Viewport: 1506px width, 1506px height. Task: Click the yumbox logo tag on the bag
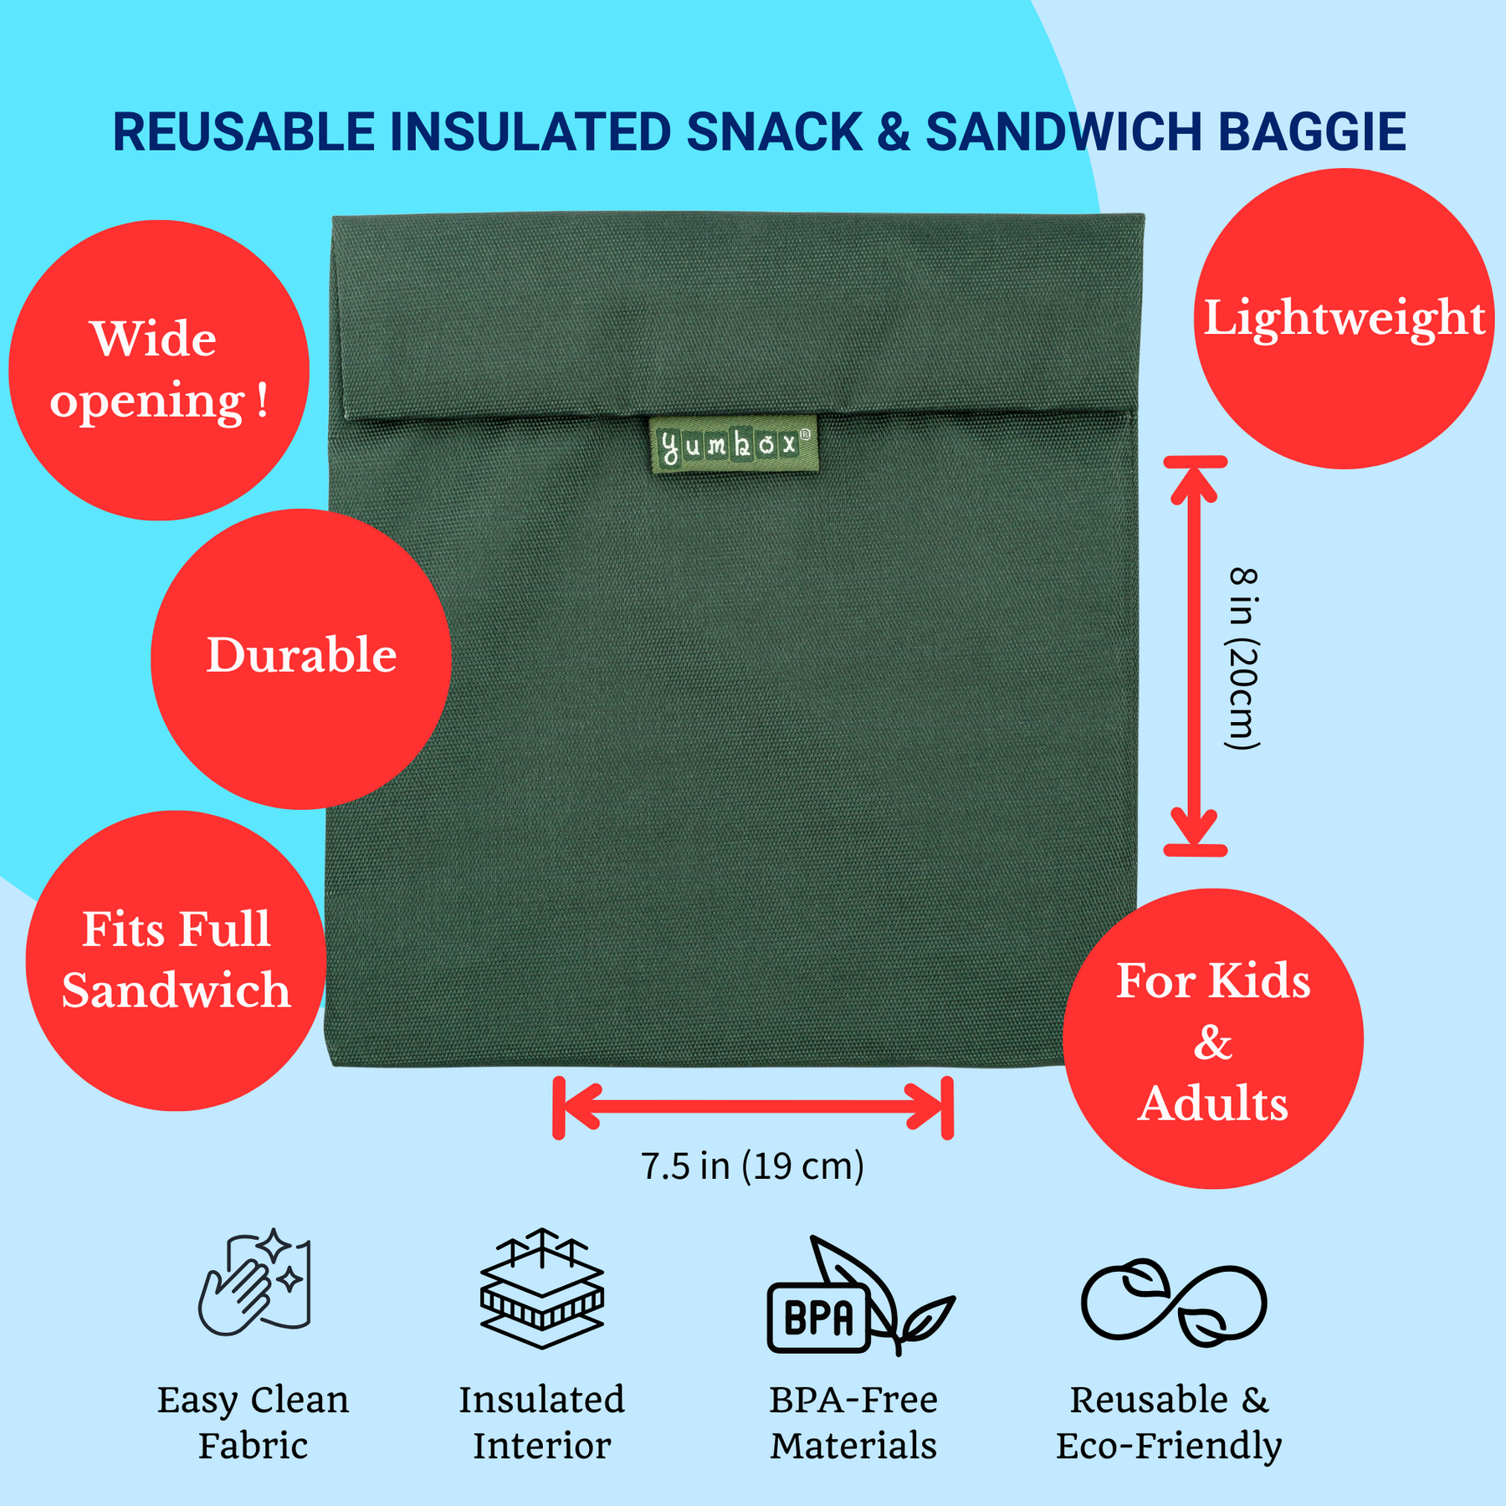[x=734, y=444]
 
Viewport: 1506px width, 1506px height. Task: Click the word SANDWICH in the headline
[x=1064, y=132]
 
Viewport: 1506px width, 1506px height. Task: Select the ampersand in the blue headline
[x=894, y=132]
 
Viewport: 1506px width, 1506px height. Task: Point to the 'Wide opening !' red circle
[x=159, y=370]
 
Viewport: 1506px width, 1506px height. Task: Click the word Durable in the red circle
[x=301, y=655]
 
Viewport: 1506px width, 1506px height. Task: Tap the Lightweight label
[x=1344, y=319]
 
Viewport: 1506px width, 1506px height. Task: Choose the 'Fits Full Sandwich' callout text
[x=176, y=960]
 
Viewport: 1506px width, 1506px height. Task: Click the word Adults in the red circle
[x=1212, y=1104]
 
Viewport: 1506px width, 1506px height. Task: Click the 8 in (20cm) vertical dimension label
[x=1243, y=658]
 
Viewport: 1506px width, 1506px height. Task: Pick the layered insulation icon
[x=542, y=1288]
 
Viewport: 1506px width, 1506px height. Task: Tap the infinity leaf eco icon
[x=1174, y=1302]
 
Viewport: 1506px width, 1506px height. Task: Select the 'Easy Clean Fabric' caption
[x=253, y=1422]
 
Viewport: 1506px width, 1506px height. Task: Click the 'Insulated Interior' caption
[x=542, y=1422]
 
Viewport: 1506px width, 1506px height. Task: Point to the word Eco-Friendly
[x=1168, y=1446]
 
